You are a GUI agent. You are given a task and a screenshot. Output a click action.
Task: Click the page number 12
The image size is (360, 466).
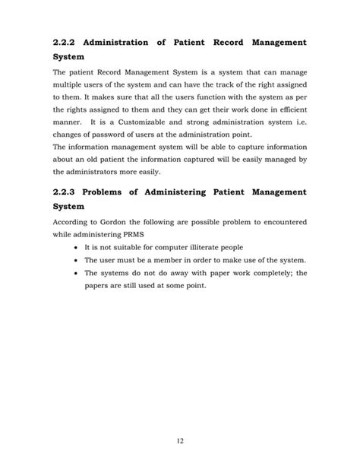(180, 439)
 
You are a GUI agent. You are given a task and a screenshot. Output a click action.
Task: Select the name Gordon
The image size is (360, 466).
(114, 223)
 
